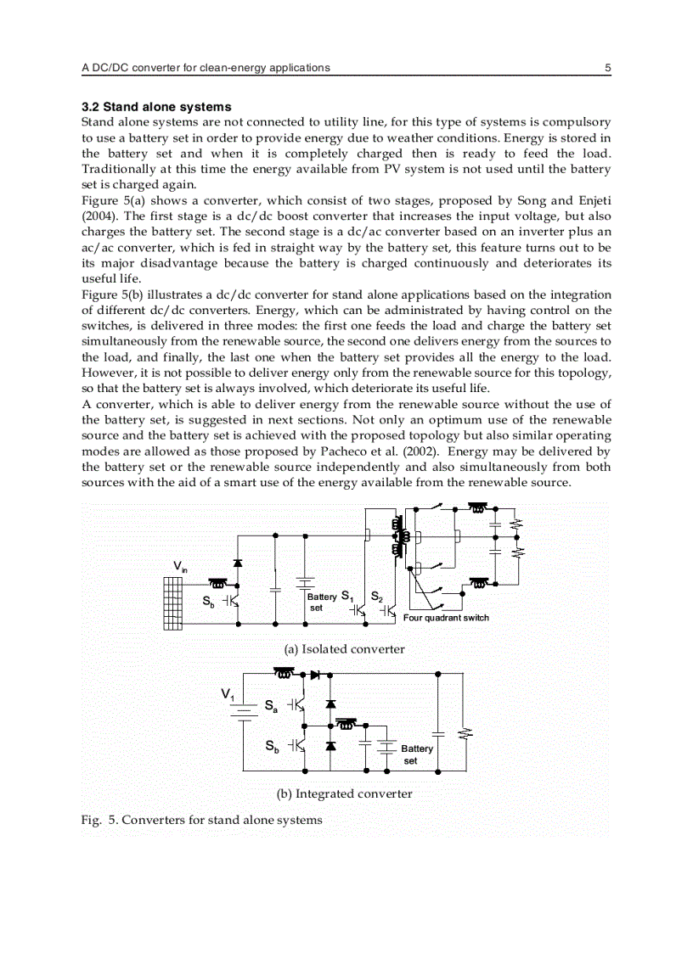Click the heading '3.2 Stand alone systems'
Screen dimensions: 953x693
tap(155, 107)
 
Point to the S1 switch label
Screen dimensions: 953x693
tap(346, 596)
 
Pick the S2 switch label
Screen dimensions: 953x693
tap(377, 596)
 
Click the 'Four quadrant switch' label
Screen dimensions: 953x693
tap(446, 618)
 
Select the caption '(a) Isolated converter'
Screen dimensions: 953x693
tap(344, 649)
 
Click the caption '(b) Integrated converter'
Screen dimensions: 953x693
tap(344, 794)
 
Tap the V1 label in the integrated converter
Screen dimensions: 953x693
tap(228, 695)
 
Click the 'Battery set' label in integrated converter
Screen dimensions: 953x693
tap(416, 754)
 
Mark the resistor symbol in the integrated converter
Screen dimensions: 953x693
tap(464, 732)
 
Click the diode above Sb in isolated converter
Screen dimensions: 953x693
tap(238, 563)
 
